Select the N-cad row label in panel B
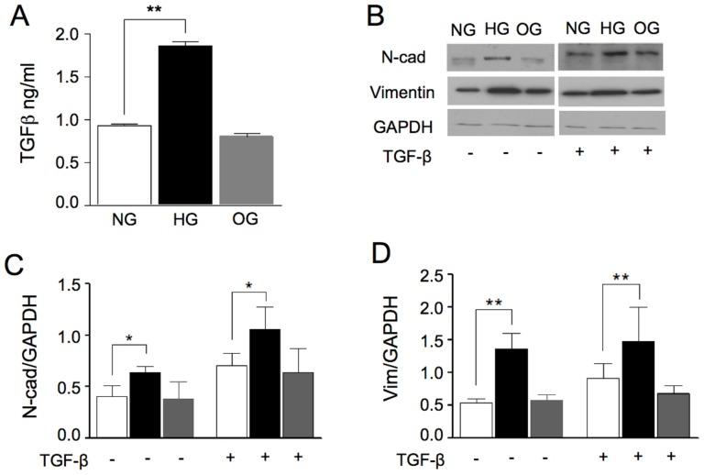[x=401, y=58]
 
